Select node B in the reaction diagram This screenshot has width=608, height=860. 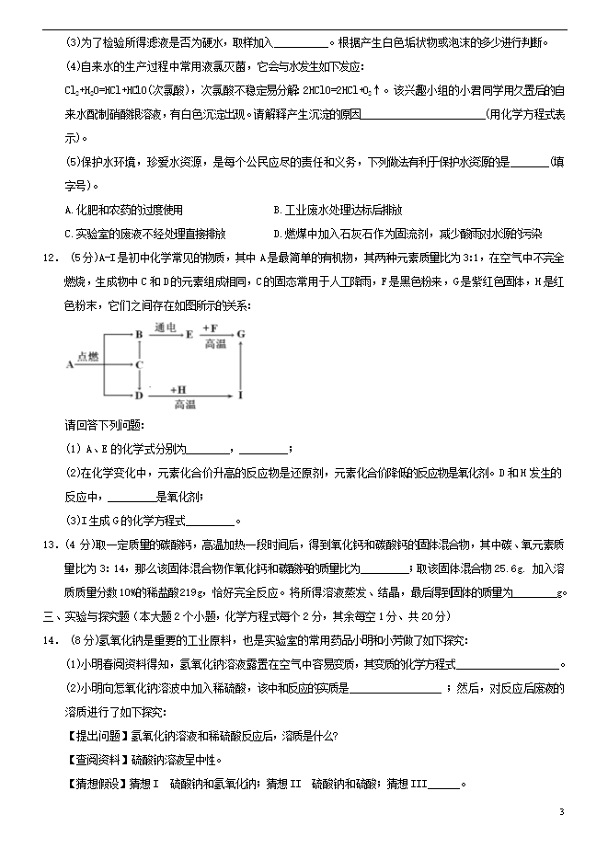pyautogui.click(x=139, y=335)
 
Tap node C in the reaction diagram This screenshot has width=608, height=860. pyautogui.click(x=139, y=364)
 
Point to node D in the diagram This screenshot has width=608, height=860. pyautogui.click(x=139, y=396)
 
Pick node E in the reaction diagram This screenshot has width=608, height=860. pyautogui.click(x=190, y=335)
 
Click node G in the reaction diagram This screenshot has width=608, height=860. pyautogui.click(x=241, y=335)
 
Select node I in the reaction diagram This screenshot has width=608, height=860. pyautogui.click(x=241, y=396)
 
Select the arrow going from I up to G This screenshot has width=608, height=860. pyautogui.click(x=241, y=365)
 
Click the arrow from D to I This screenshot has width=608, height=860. pyautogui.click(x=189, y=396)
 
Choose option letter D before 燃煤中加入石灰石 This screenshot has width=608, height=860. pyautogui.click(x=278, y=234)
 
